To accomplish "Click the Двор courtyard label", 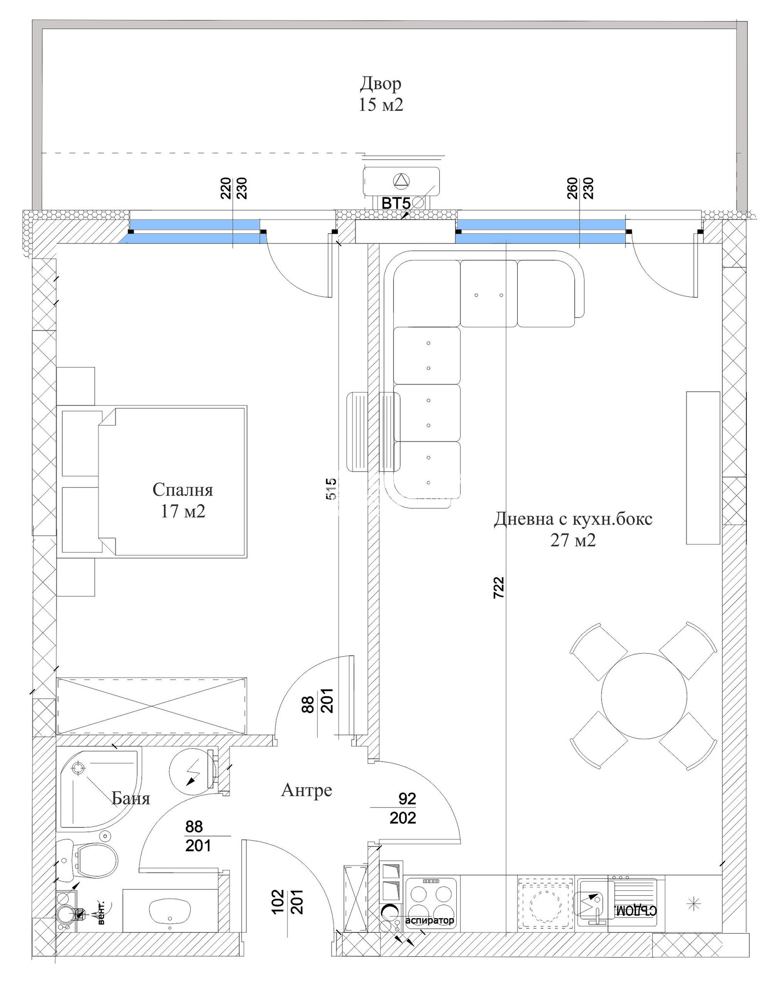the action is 381,83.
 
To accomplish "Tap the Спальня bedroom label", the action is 183,489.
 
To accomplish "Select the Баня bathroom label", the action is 131,798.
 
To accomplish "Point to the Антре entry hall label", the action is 307,790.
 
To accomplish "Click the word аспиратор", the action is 429,920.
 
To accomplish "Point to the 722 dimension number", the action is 498,587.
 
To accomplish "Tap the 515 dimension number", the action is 331,488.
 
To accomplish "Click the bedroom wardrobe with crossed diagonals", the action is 152,705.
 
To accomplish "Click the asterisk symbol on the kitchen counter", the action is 693,904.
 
